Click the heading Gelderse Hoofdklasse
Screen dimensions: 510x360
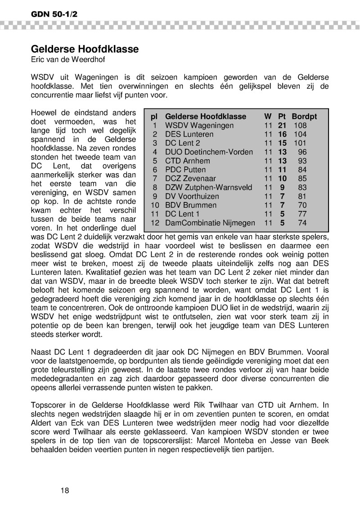coord(85,49)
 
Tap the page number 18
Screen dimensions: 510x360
coord(65,490)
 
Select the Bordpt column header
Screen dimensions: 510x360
coord(304,116)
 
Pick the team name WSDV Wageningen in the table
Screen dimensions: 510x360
coord(199,125)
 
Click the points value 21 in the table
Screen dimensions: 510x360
coord(282,125)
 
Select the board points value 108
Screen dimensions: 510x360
coord(300,125)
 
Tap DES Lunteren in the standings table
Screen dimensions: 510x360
coord(189,134)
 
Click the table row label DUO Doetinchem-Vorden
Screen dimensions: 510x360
coord(209,152)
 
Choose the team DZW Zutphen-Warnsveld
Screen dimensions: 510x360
coord(209,188)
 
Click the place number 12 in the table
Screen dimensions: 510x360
coord(154,223)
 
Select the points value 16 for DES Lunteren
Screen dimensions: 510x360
coord(282,134)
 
